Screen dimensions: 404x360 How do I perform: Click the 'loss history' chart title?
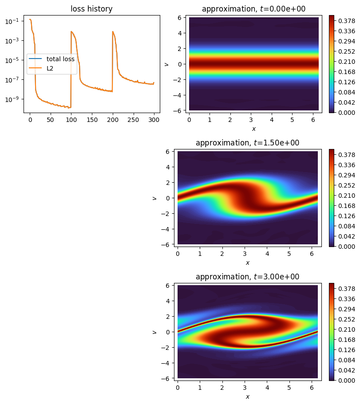[x=91, y=8]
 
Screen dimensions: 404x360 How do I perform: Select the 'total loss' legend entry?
[x=60, y=59]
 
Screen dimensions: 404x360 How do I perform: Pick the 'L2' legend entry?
[x=50, y=68]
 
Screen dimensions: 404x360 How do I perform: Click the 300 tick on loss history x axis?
[x=154, y=120]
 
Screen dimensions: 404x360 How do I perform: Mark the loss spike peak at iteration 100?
[x=71, y=31]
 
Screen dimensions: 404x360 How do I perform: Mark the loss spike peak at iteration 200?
[x=113, y=31]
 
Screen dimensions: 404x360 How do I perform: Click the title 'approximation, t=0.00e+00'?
[x=253, y=9]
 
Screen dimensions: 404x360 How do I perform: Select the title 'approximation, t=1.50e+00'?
[x=247, y=143]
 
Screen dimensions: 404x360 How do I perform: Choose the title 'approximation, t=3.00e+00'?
[x=247, y=277]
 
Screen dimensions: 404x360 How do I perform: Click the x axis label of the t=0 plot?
[x=253, y=129]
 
